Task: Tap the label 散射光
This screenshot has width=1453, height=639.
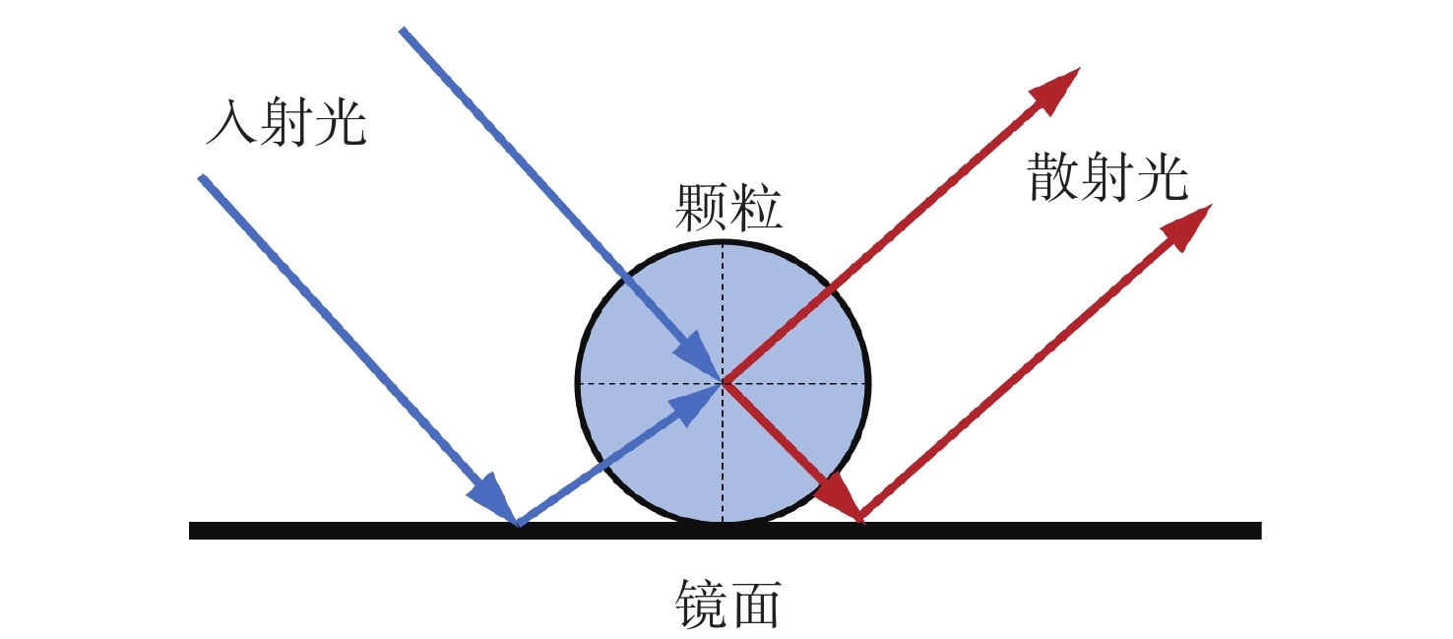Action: click(1107, 178)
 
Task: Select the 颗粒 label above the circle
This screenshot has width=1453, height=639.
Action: click(728, 209)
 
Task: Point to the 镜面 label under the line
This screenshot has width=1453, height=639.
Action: click(728, 604)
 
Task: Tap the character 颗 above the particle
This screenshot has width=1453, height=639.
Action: click(701, 209)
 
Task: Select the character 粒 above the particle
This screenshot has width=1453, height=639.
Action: click(756, 209)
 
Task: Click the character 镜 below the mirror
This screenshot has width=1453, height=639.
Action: click(701, 604)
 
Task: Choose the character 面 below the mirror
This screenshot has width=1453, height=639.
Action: click(756, 604)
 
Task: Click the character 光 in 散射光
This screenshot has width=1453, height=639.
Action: click(1163, 178)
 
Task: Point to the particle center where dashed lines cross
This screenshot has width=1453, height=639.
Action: click(723, 381)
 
